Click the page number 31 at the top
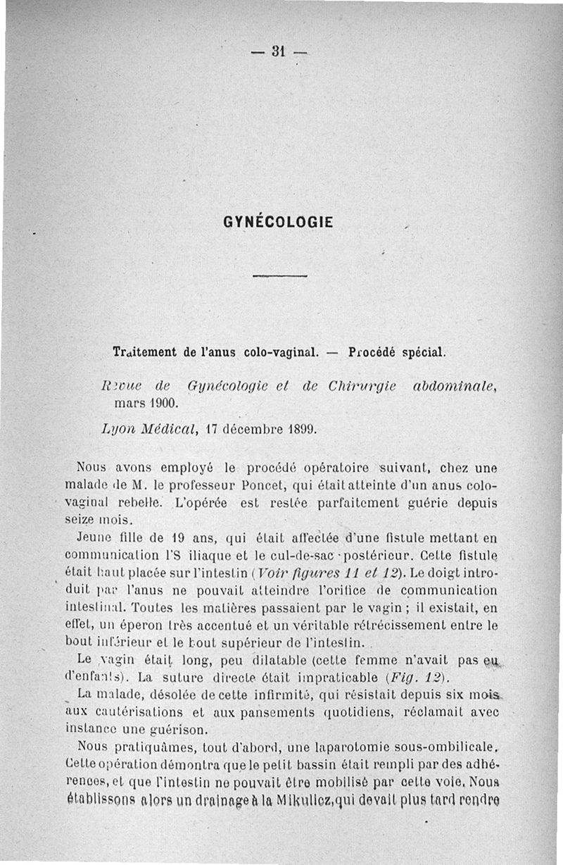coord(280,51)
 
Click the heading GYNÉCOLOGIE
coord(277,223)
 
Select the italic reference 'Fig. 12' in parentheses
coord(415,679)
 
